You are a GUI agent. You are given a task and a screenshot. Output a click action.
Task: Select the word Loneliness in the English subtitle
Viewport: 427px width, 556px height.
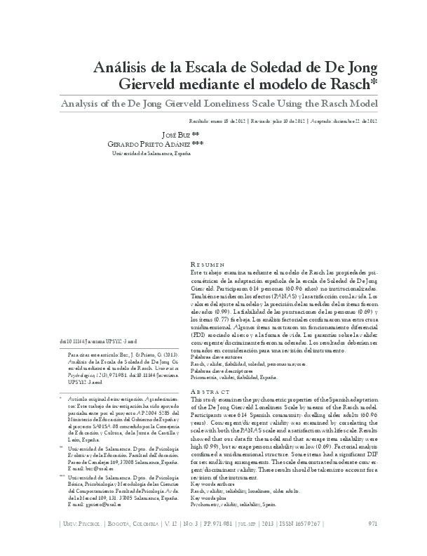[x=238, y=104]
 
